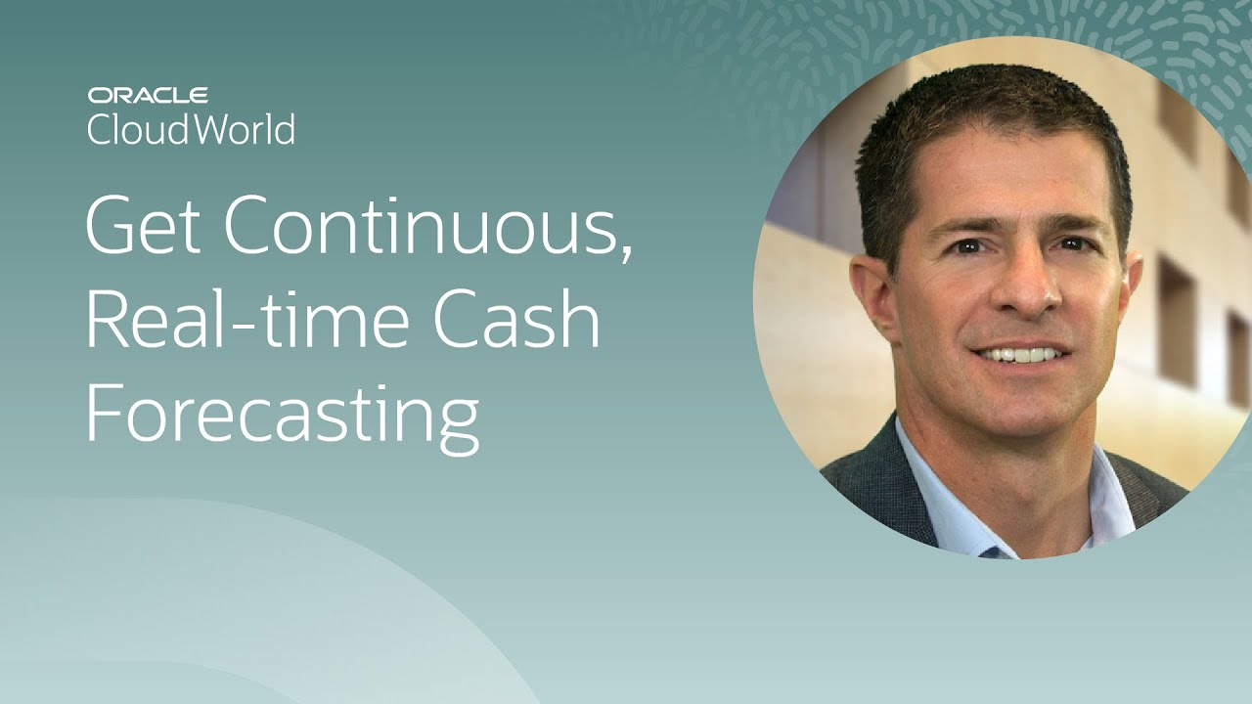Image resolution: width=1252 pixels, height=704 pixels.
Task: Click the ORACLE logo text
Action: click(148, 95)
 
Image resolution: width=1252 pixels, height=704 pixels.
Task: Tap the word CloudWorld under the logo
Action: click(191, 128)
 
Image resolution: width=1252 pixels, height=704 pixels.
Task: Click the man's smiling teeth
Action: click(1020, 355)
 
